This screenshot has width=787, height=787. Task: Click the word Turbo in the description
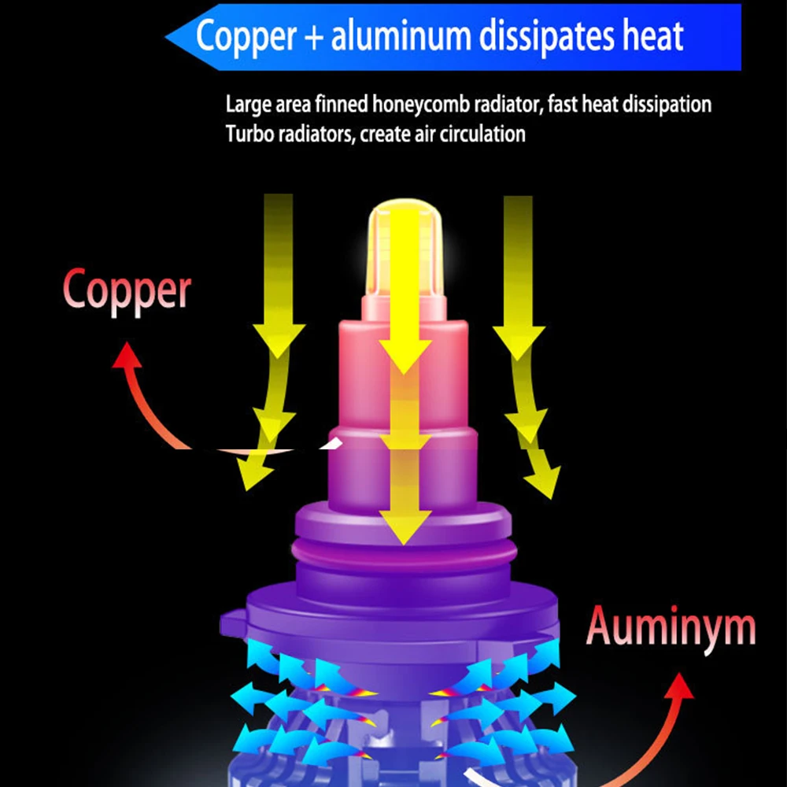click(247, 134)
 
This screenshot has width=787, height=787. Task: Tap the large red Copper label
click(127, 291)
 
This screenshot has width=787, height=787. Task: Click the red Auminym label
click(671, 627)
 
